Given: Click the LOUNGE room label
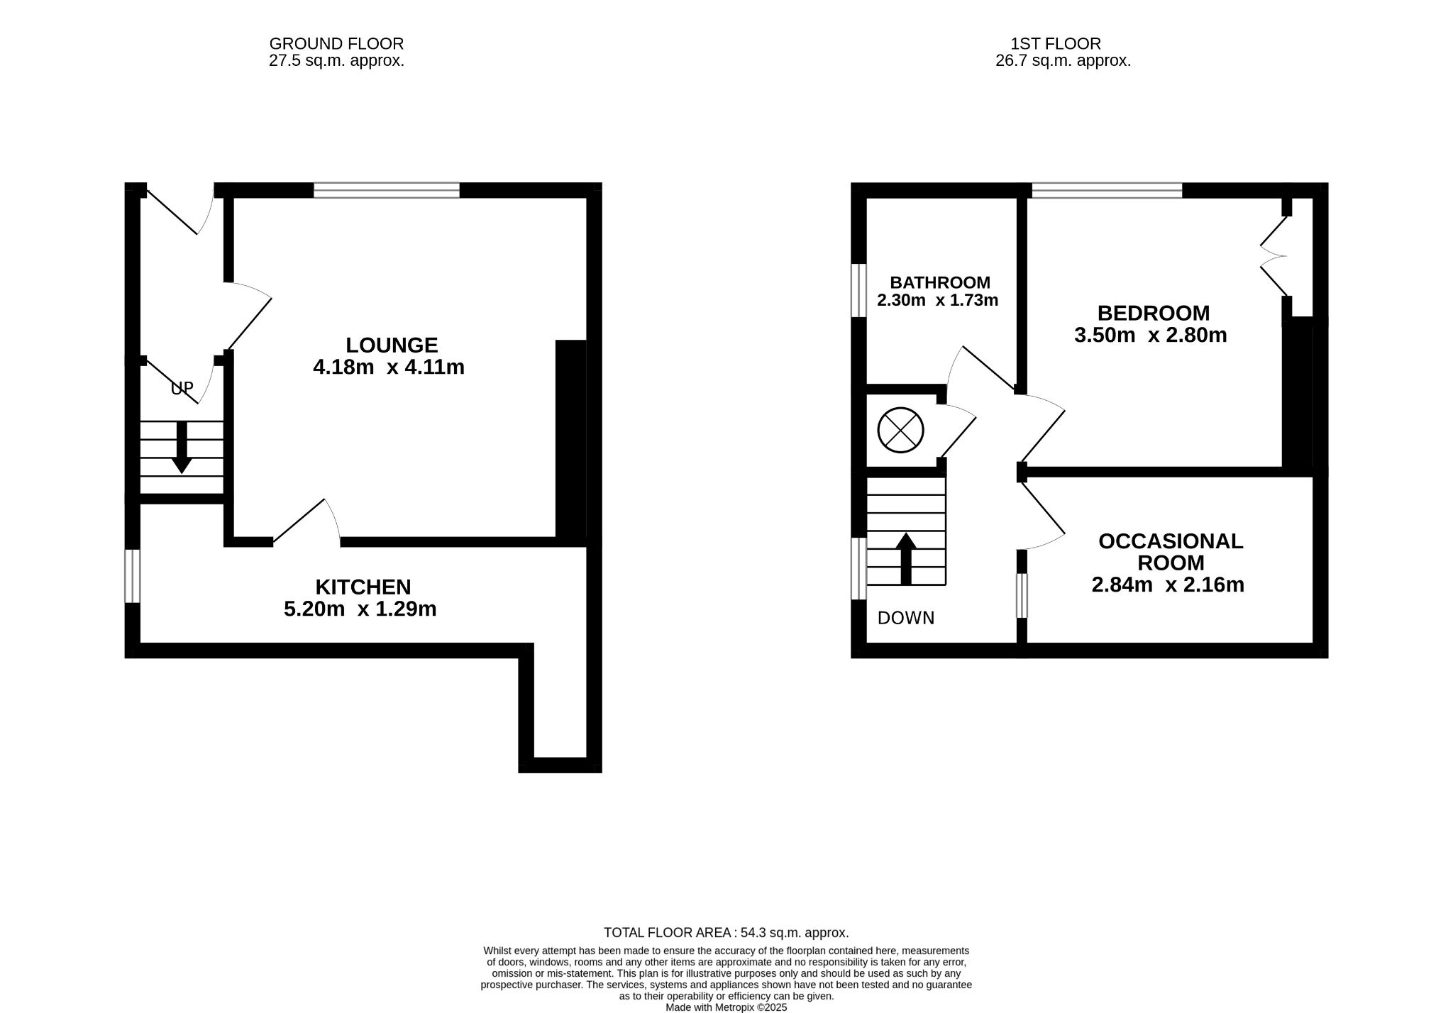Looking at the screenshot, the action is pos(392,345).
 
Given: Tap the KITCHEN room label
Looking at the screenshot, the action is pos(363,587).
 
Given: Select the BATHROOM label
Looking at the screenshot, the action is pos(940,282).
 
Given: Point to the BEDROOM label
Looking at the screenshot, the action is pos(1154,313).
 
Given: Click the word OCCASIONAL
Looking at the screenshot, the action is pos(1171,541).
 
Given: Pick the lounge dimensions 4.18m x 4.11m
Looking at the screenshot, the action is pos(389,367).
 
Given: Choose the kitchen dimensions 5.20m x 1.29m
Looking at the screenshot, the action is pos(360,609).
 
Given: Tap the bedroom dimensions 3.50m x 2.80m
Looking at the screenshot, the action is pos(1151,335).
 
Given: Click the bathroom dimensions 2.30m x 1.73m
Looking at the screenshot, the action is pos(938,300).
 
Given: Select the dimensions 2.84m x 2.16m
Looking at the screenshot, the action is pos(1168,585).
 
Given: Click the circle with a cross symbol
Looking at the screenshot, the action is pos(901,430).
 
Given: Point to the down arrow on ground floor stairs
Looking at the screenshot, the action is pos(182,447).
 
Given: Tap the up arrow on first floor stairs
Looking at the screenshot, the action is pos(906,559).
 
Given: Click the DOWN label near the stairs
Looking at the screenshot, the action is pos(906,618).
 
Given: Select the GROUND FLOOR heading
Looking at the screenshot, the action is pos(336,44).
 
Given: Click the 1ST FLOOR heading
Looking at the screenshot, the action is pos(1056,44).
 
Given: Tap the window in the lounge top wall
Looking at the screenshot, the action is pos(387,190).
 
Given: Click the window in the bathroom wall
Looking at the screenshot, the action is pos(858,290).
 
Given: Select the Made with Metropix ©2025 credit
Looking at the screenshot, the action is pos(726,1007).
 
